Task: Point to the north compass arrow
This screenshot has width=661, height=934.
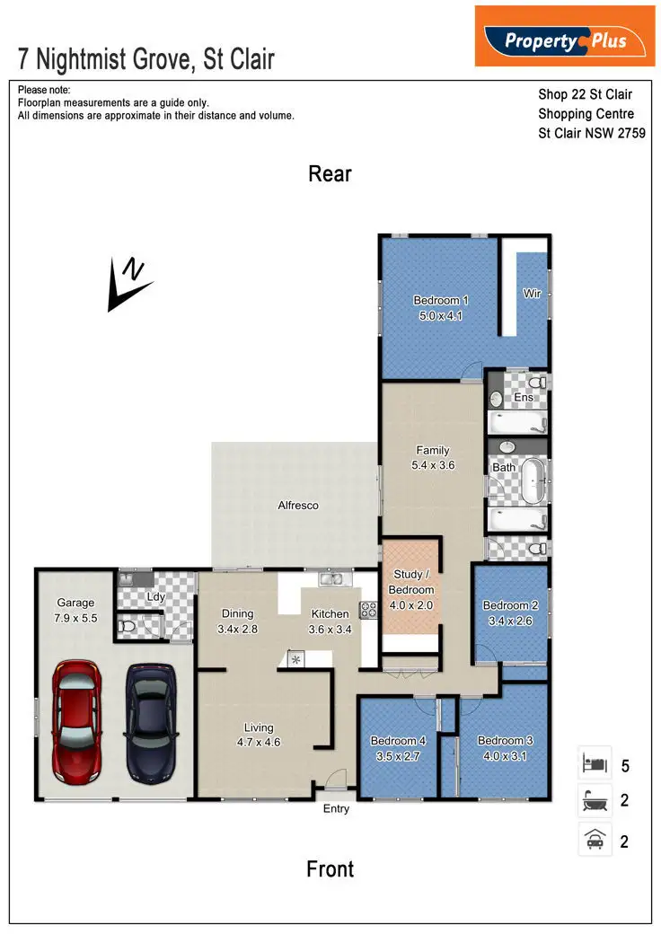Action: click(125, 284)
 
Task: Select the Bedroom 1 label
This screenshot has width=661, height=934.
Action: click(441, 308)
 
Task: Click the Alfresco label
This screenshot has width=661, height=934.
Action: click(298, 506)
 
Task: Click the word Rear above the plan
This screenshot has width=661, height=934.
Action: click(330, 173)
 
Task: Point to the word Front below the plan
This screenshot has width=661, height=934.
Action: click(330, 868)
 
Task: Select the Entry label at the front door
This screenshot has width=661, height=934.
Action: click(336, 809)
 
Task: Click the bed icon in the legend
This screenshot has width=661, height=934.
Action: click(595, 765)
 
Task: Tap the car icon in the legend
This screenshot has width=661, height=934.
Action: click(595, 841)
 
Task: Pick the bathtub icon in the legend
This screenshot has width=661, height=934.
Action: click(595, 801)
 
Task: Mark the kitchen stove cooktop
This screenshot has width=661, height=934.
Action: click(367, 609)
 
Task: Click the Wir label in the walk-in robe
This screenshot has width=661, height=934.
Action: click(532, 293)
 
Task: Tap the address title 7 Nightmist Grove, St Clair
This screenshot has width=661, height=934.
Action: click(146, 60)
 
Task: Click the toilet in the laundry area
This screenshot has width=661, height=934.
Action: click(128, 627)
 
